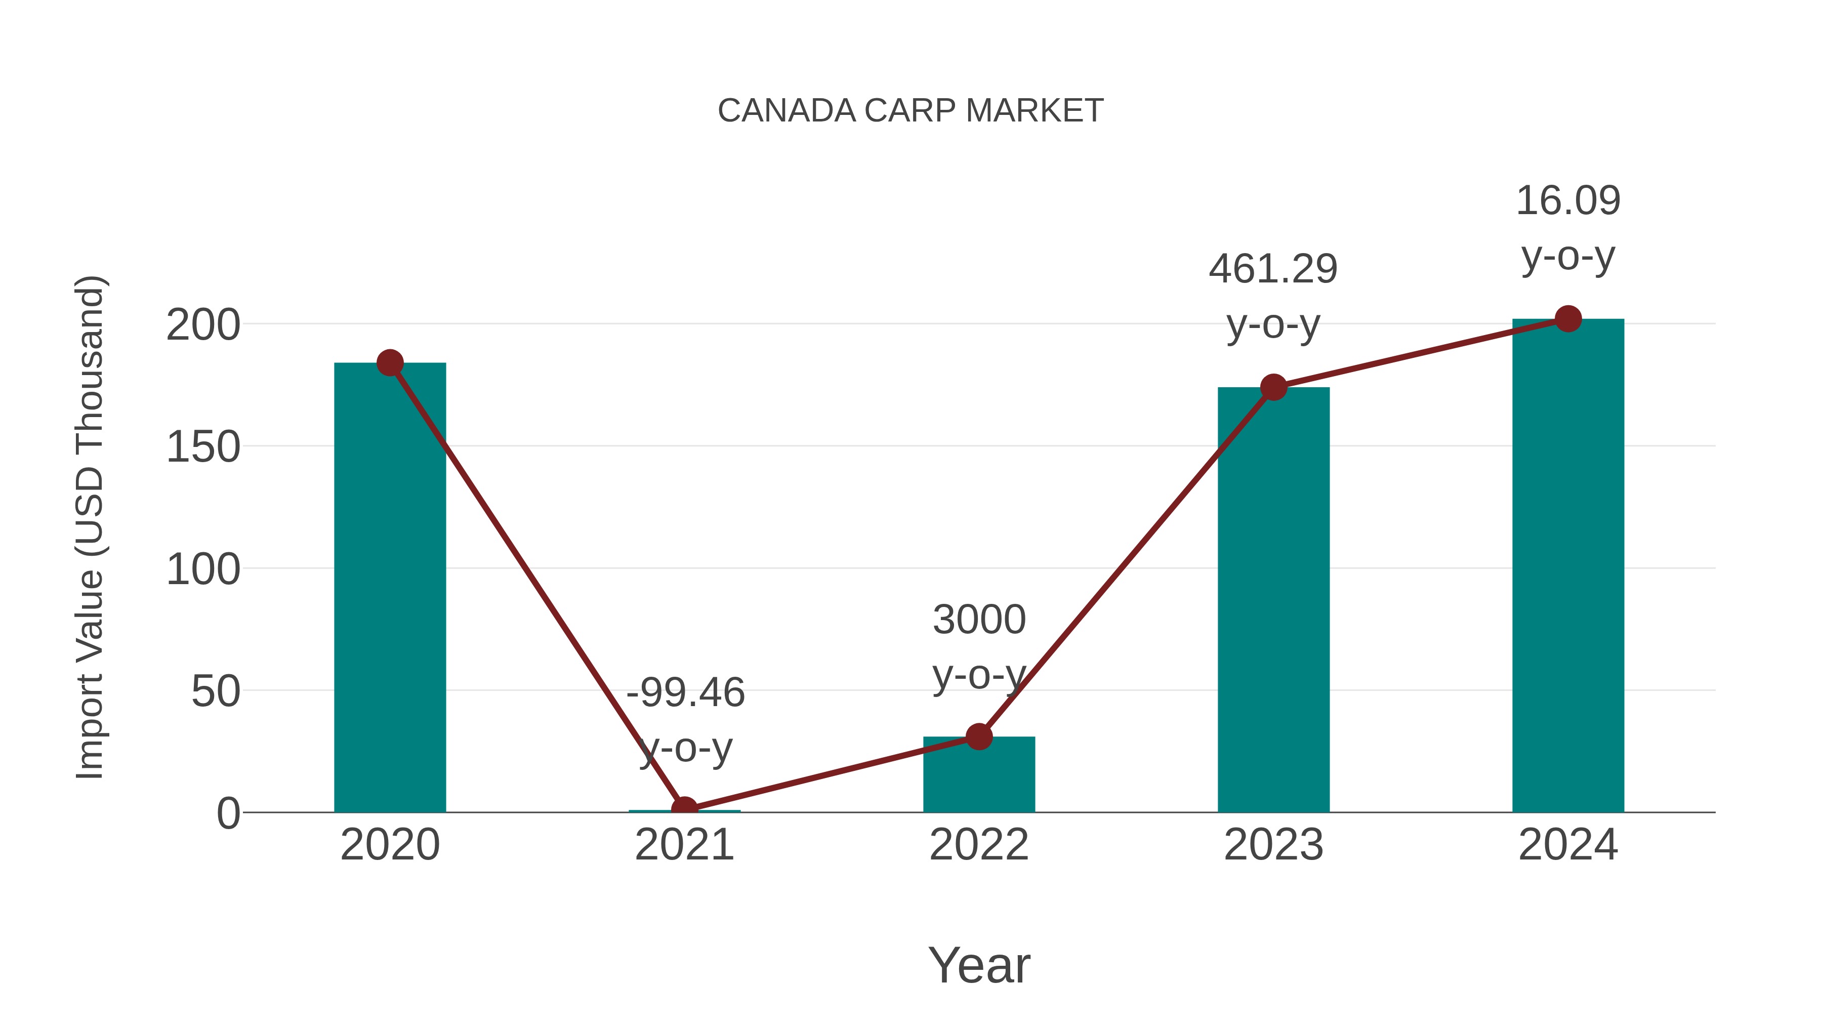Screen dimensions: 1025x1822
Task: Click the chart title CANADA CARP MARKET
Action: (910, 111)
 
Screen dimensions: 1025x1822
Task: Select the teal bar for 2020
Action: (390, 587)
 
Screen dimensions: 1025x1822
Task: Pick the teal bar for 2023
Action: (1273, 601)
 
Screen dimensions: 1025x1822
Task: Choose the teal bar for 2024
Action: (1568, 566)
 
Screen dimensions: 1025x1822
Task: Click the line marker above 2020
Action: (390, 363)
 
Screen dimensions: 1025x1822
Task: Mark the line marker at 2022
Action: (979, 736)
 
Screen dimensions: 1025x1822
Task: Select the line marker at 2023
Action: (1273, 387)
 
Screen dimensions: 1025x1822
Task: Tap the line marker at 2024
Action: (1568, 319)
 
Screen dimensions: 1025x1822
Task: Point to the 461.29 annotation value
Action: (1273, 269)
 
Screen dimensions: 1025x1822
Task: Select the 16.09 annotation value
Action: (1568, 201)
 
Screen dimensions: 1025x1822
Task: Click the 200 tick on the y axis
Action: (203, 325)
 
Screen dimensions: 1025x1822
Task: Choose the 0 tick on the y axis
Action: (228, 813)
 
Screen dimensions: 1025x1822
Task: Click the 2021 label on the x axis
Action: (684, 845)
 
